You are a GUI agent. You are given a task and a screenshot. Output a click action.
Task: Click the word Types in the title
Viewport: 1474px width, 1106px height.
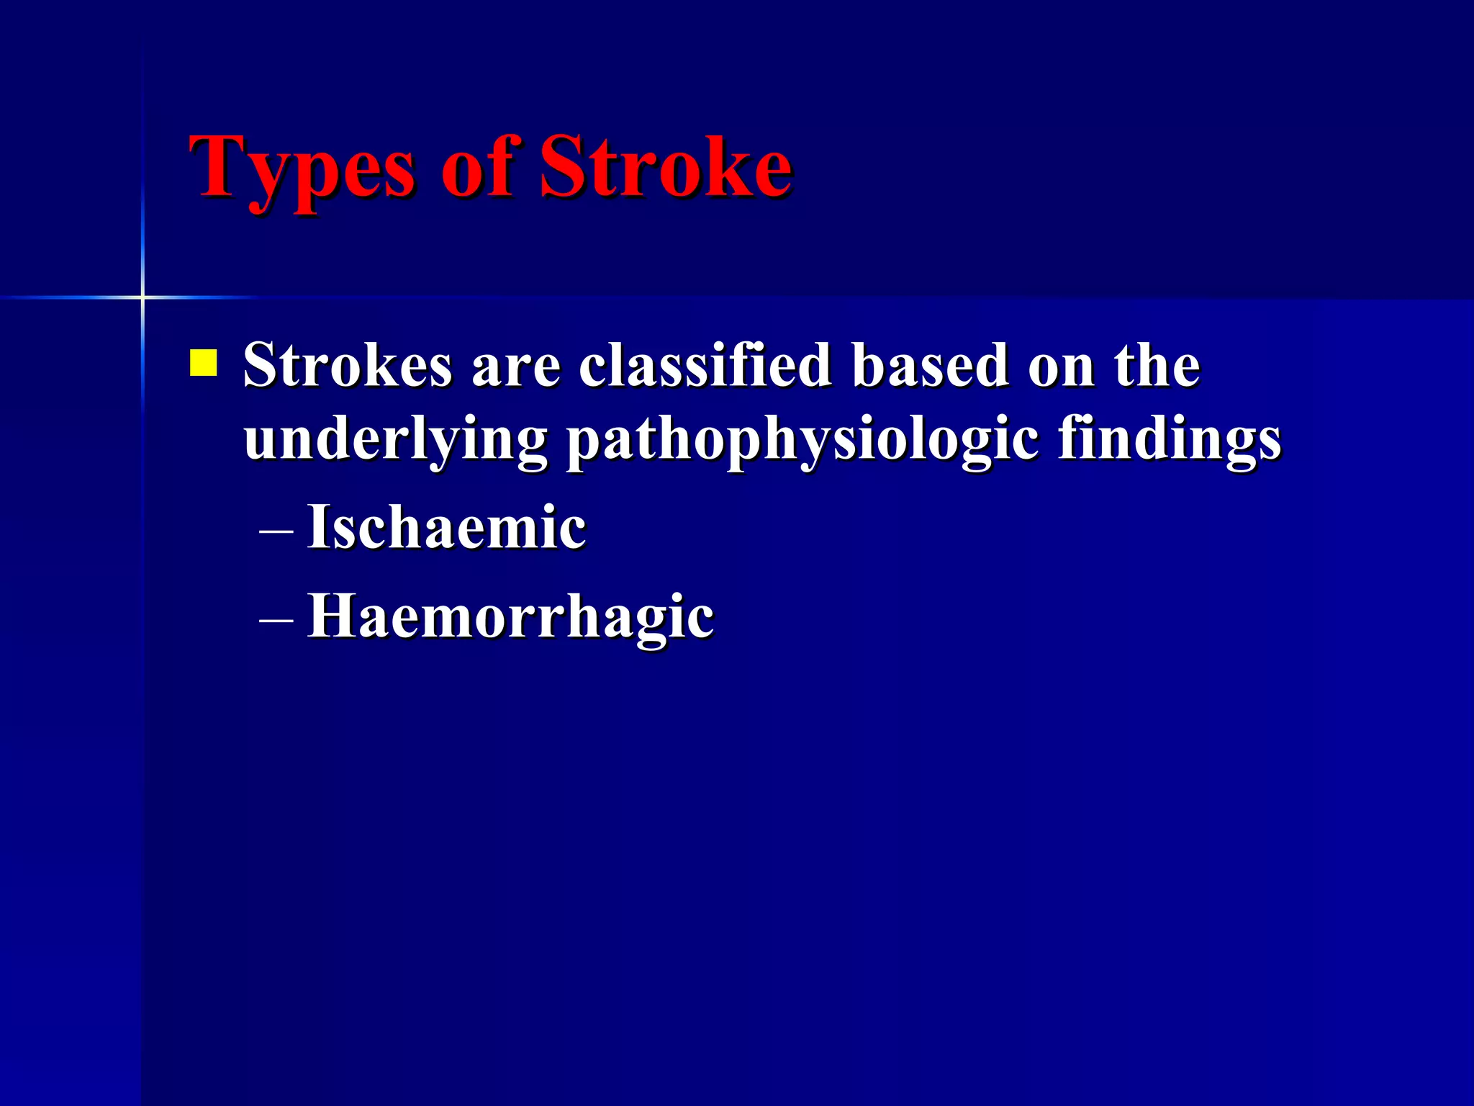[x=302, y=169]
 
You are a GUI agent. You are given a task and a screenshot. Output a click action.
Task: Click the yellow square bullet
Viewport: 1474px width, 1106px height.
[x=203, y=363]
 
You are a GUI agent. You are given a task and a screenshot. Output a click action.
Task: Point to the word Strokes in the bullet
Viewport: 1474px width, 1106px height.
[x=348, y=366]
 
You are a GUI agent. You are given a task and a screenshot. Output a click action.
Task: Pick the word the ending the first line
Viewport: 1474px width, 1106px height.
[x=1157, y=366]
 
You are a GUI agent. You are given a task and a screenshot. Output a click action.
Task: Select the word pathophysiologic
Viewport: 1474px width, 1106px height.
[x=802, y=441]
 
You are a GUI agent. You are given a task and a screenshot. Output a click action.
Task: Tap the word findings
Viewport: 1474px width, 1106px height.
[x=1170, y=441]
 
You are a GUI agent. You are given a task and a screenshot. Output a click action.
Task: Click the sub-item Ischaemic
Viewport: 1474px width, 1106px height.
[x=446, y=527]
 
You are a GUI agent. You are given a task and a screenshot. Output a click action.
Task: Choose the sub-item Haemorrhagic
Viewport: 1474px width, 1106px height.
[x=510, y=618]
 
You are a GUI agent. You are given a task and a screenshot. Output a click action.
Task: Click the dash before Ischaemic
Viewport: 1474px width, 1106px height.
[x=276, y=533]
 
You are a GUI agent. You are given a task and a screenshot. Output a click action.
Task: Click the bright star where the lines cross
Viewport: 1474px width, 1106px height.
[x=143, y=297]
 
